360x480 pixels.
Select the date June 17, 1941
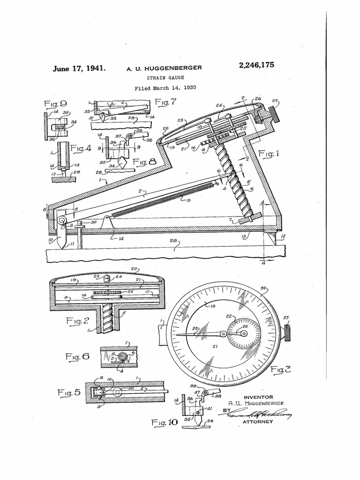(x=78, y=68)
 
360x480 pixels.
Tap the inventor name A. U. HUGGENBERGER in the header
(x=164, y=68)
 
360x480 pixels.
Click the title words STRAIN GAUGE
(x=164, y=78)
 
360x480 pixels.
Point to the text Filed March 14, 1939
(x=165, y=88)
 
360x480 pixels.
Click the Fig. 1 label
(x=271, y=154)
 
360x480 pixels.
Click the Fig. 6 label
(x=76, y=356)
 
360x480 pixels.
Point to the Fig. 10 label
(x=165, y=422)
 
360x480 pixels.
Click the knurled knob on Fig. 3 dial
(x=287, y=333)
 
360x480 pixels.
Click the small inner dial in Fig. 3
(x=243, y=334)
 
